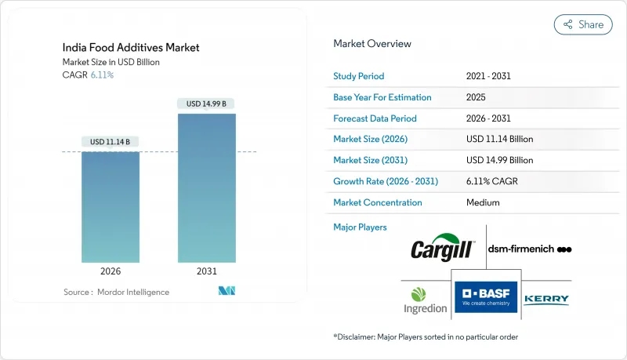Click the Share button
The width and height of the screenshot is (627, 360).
coord(583,24)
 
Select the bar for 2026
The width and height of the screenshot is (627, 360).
coord(111,207)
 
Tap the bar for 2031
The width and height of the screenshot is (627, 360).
coord(207,188)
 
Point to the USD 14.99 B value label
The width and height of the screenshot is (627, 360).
coord(207,104)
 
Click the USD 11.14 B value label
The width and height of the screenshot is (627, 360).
coord(111,142)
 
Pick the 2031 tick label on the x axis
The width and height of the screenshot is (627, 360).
coord(207,271)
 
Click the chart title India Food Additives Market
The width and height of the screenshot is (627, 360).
coord(131,48)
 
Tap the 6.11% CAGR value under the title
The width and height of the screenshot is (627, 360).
coord(102,75)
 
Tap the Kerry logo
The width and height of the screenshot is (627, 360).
coord(546,299)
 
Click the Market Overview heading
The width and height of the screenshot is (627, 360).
coord(372,43)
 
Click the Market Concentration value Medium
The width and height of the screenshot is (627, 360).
coord(484,202)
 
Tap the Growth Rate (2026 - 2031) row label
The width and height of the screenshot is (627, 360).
coord(386,181)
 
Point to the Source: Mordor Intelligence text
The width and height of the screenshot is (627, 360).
coord(116,292)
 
